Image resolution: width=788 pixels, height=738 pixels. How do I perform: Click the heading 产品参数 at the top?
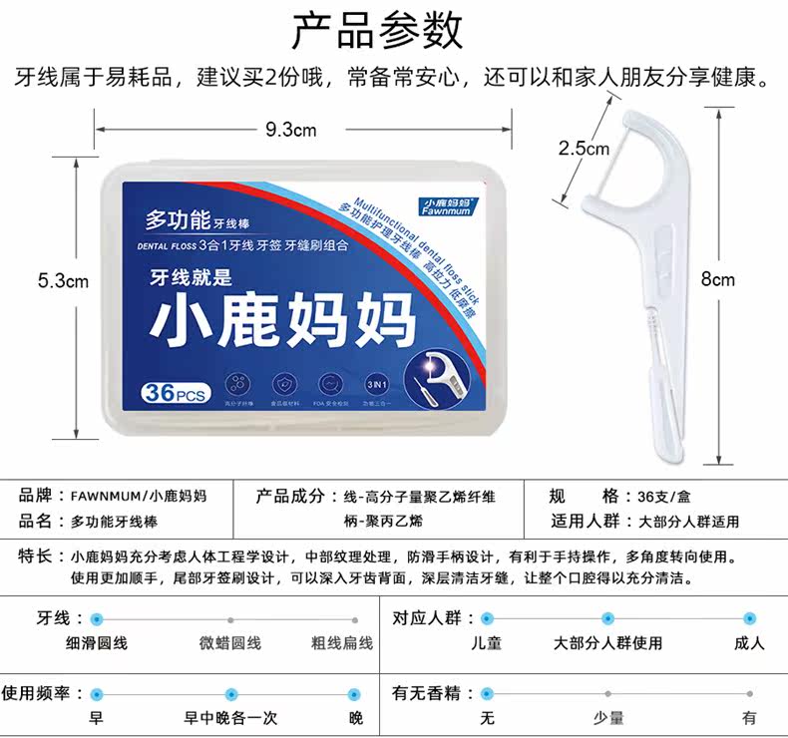377,31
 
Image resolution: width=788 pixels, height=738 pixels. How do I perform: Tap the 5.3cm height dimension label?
64,281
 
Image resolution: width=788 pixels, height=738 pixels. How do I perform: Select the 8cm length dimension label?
717,279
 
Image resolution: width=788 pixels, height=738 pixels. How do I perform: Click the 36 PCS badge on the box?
174,393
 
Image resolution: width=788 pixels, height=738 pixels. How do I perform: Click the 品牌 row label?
35,496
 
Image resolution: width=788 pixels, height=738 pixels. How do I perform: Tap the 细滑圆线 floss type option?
97,643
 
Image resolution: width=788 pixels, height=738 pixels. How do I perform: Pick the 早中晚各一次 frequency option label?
230,718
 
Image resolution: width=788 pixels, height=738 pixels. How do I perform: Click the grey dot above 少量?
607,693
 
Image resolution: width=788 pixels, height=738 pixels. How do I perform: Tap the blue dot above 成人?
749,618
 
